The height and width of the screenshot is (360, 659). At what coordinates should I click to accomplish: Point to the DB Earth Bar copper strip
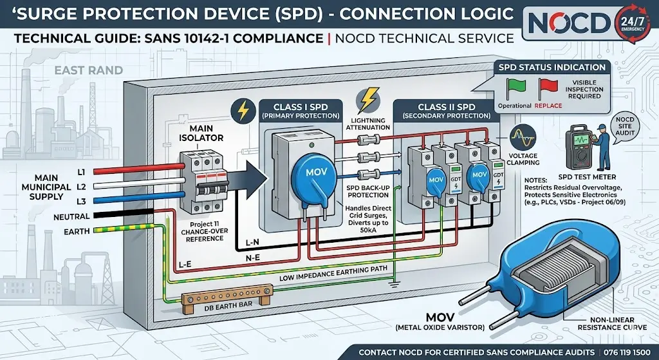[x=225, y=300]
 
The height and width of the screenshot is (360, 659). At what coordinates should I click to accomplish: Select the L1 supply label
[x=82, y=171]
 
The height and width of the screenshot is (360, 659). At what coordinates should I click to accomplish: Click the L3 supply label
[x=82, y=201]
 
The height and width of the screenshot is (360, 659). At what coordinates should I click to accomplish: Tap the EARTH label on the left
[x=77, y=232]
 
